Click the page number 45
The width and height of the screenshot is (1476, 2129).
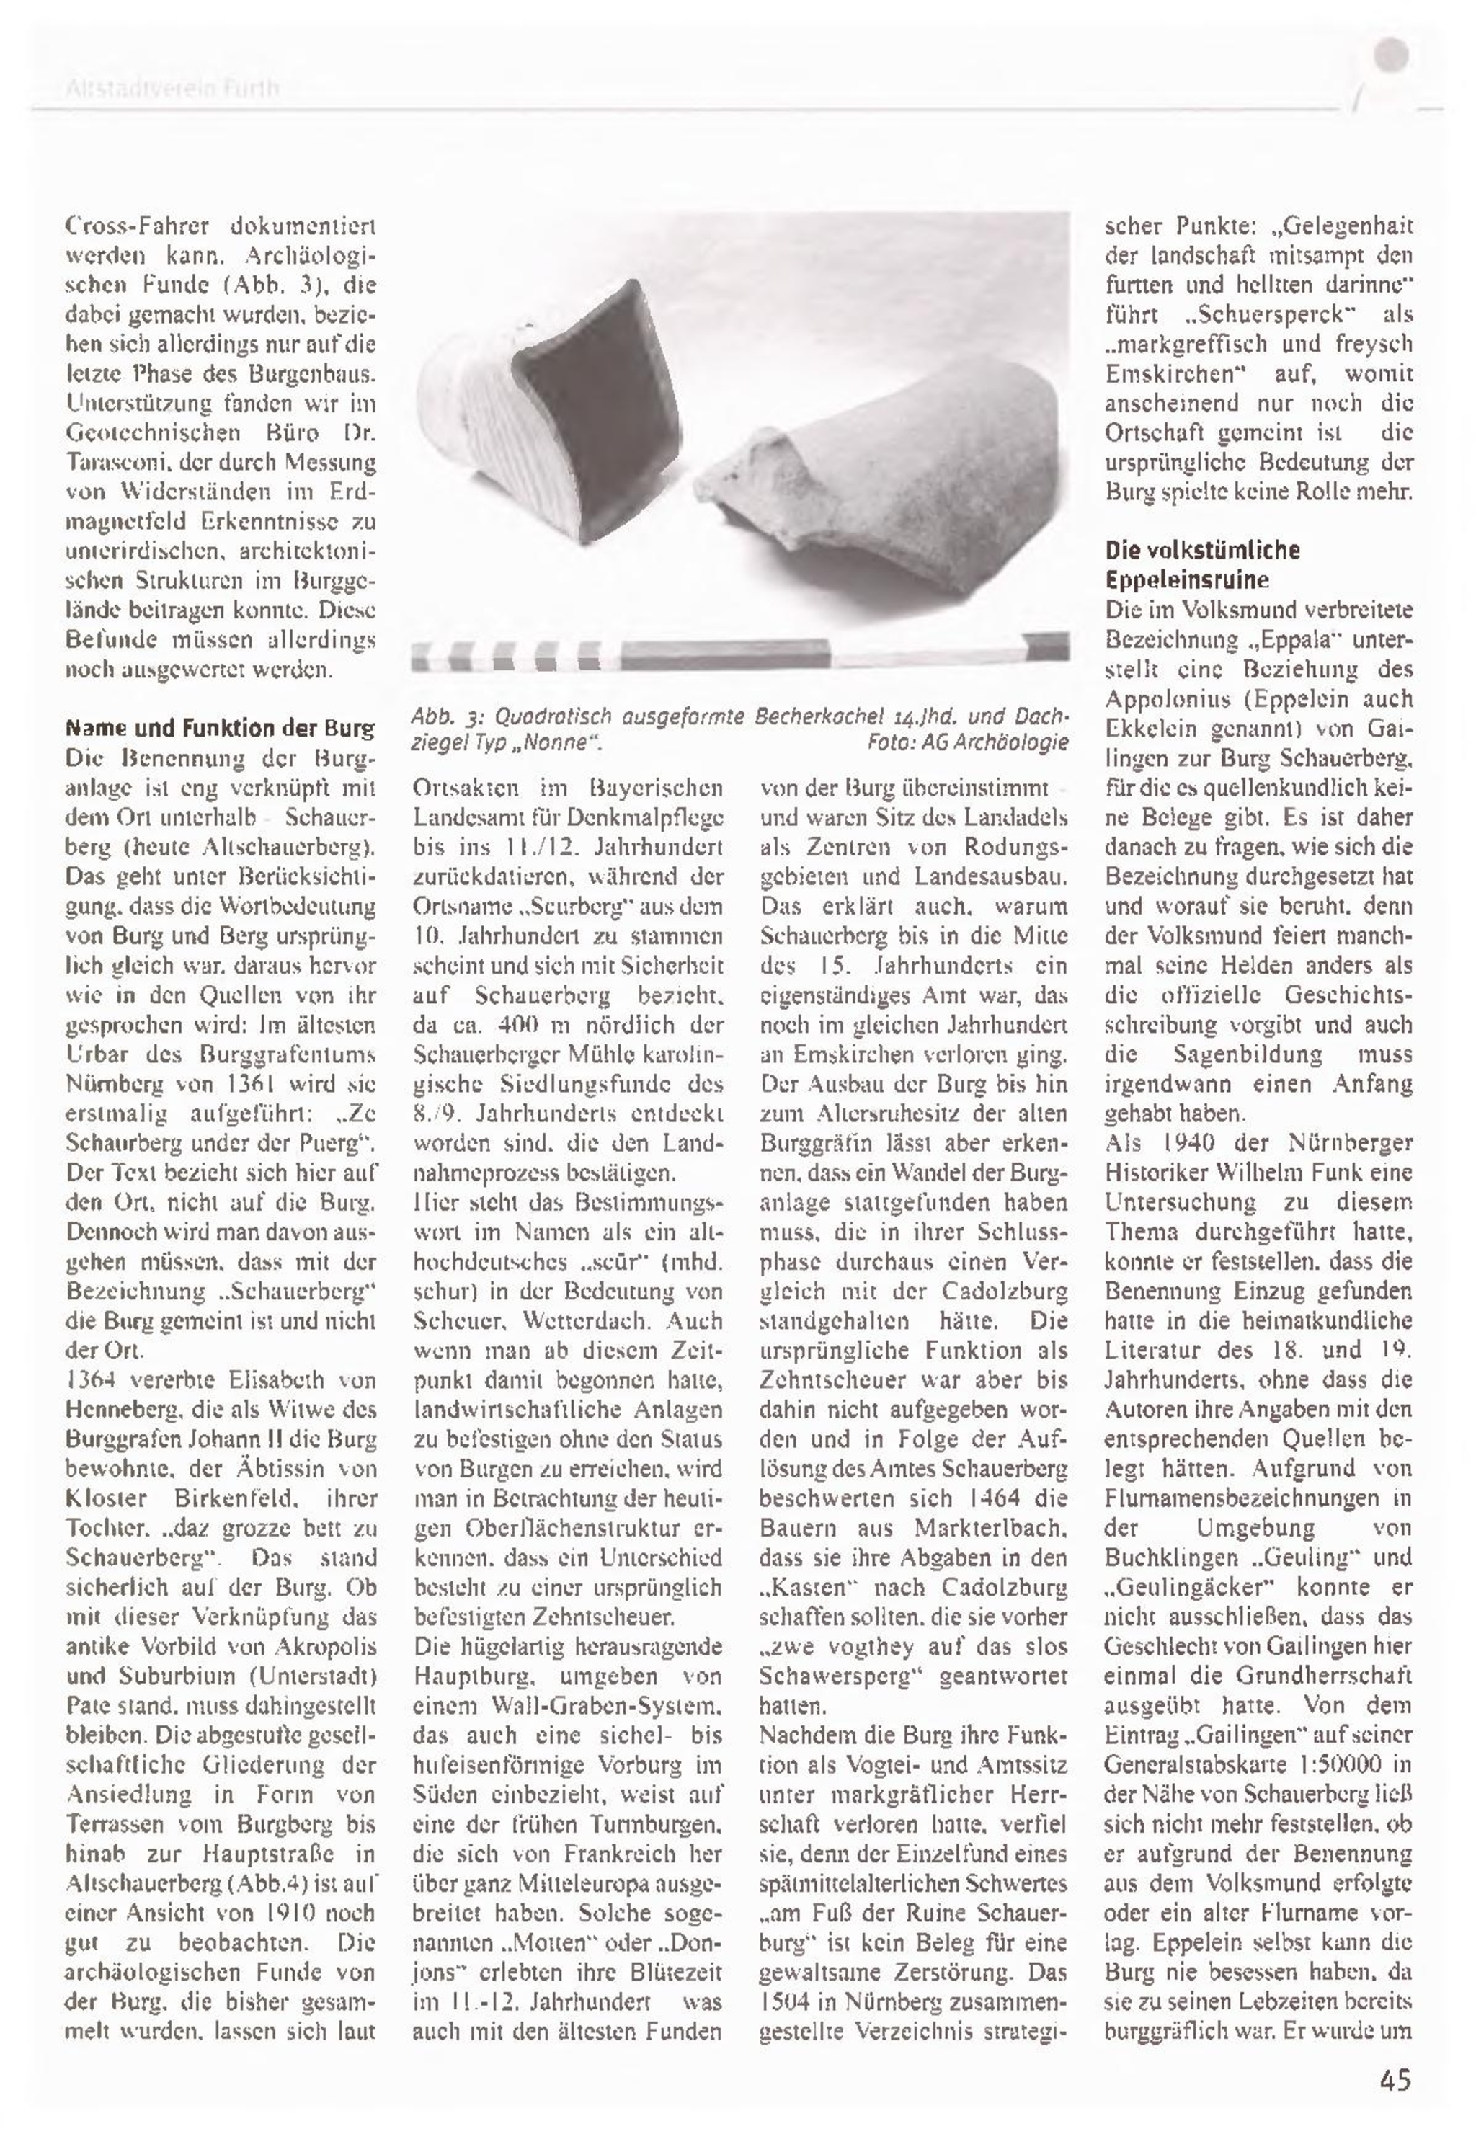click(x=1395, y=2079)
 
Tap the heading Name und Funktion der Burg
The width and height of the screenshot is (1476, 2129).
click(x=220, y=728)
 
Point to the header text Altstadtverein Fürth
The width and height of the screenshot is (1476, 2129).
click(x=172, y=89)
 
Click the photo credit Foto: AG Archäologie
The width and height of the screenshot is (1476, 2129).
click(x=967, y=742)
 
